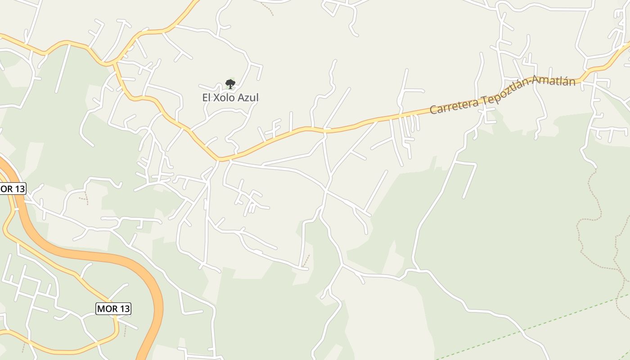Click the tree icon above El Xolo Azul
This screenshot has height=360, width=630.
point(230,84)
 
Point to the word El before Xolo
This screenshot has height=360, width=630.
point(207,98)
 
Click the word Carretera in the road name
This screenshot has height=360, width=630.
point(454,104)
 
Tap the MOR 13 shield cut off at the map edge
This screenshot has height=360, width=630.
point(13,189)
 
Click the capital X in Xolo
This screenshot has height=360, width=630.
point(216,98)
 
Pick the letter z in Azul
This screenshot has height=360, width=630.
point(246,98)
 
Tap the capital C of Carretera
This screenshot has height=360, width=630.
point(433,109)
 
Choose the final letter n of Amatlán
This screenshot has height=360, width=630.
point(572,81)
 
